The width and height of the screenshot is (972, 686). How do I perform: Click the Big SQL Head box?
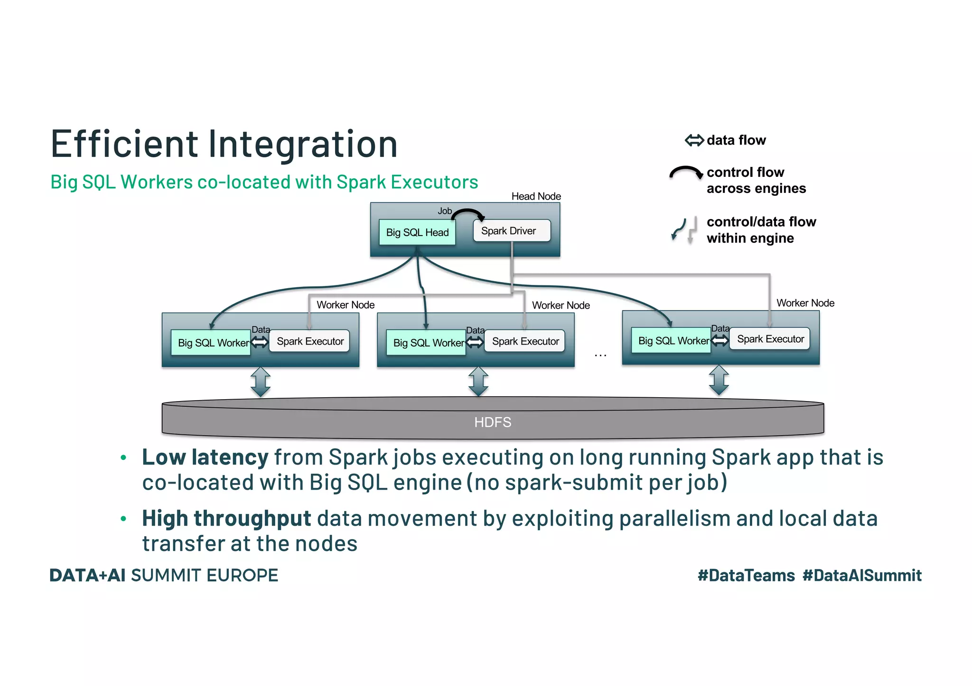pyautogui.click(x=417, y=232)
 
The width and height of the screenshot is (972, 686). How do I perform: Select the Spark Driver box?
pyautogui.click(x=512, y=231)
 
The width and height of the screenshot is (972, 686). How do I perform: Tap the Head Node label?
pyautogui.click(x=536, y=196)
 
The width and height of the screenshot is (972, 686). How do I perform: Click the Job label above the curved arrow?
pyautogui.click(x=444, y=211)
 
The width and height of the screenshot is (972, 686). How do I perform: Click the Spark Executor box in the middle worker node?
pyautogui.click(x=525, y=341)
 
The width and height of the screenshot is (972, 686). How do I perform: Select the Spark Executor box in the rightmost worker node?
pyautogui.click(x=769, y=339)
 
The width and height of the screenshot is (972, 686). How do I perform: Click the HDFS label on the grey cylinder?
pyautogui.click(x=493, y=422)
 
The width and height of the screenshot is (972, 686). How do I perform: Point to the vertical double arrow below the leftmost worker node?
pyautogui.click(x=261, y=382)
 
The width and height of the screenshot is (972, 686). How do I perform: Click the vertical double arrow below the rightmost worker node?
pyautogui.click(x=719, y=380)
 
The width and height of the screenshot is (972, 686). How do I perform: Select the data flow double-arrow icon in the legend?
pyautogui.click(x=694, y=140)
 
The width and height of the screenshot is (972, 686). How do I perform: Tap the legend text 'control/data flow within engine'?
pyautogui.click(x=761, y=230)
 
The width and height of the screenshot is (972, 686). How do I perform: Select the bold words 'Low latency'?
pyautogui.click(x=205, y=457)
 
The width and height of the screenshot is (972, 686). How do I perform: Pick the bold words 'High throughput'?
pyautogui.click(x=226, y=518)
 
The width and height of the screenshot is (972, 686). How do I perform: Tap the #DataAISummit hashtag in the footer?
pyautogui.click(x=861, y=576)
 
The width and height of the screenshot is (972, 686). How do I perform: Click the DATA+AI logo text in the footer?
pyautogui.click(x=87, y=576)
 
